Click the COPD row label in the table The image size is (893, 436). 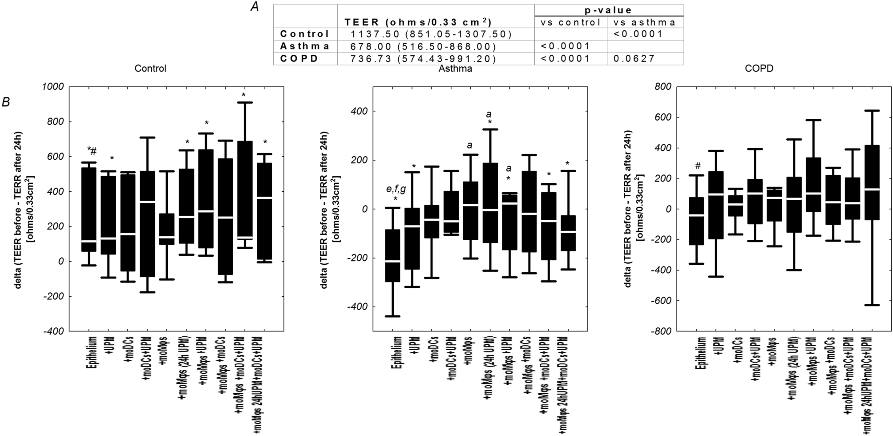point(299,58)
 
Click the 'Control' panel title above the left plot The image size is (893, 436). point(150,69)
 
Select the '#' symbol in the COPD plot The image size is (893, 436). point(698,166)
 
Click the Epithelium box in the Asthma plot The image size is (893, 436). point(392,256)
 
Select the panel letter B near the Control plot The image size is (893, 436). point(6,102)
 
